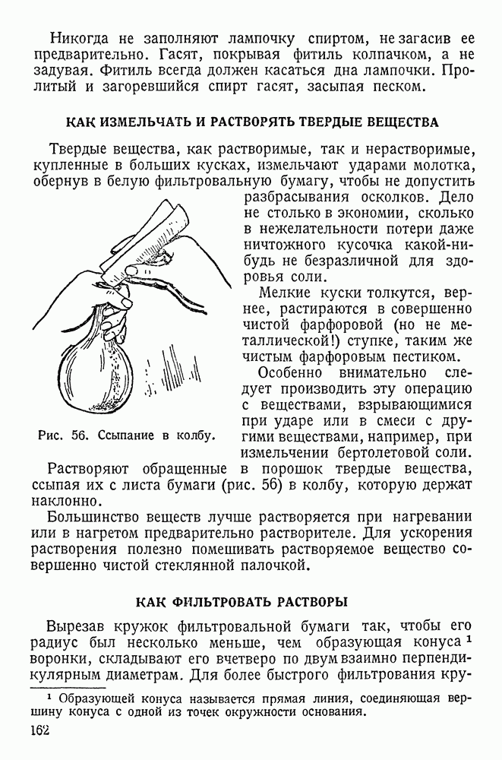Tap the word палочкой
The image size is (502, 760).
[273, 565]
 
